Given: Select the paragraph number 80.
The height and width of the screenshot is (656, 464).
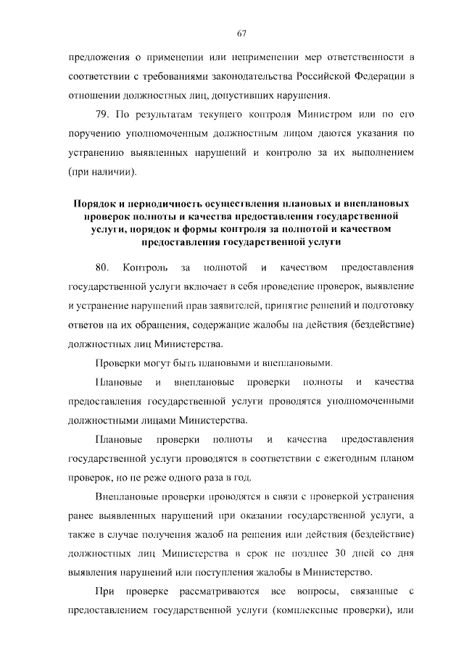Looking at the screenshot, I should point(102,267).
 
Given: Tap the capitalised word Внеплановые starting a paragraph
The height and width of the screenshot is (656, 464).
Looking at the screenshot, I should point(126,497).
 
